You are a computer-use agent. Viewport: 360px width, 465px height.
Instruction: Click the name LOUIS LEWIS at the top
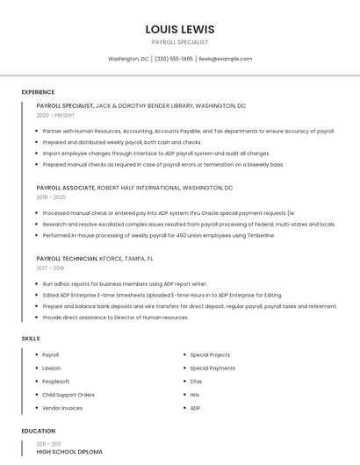coord(180,29)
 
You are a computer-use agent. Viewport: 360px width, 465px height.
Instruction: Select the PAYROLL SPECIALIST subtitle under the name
coord(180,42)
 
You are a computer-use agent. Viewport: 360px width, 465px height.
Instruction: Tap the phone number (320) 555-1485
coord(174,59)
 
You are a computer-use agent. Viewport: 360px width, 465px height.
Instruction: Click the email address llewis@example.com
coord(225,59)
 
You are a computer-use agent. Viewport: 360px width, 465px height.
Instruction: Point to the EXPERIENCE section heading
coord(38,92)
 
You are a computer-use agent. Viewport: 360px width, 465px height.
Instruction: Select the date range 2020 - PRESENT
coord(55,115)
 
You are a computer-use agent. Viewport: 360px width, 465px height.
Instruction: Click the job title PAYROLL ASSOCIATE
coord(65,188)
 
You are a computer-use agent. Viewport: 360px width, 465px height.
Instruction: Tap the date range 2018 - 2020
coord(51,197)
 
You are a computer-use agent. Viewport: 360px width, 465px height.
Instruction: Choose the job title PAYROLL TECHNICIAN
coord(67,259)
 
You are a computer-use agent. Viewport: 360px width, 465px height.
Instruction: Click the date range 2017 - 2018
coord(50,268)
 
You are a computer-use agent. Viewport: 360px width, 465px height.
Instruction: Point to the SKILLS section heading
coord(31,338)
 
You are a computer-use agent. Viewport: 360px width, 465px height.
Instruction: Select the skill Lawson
coord(52,368)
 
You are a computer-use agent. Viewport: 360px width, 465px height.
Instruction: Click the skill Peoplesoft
coord(55,382)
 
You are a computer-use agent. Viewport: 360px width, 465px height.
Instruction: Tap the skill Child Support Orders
coord(68,395)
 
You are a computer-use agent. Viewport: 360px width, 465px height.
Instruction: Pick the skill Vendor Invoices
coord(62,408)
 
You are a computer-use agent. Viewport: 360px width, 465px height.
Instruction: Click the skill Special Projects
coord(210,355)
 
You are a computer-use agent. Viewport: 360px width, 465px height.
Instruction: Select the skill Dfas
coord(196,382)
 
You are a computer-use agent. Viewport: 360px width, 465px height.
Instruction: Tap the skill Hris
coord(195,395)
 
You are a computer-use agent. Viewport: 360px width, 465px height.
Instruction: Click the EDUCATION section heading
coord(38,432)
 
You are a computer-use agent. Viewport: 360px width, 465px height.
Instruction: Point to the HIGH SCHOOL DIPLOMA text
coord(69,452)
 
